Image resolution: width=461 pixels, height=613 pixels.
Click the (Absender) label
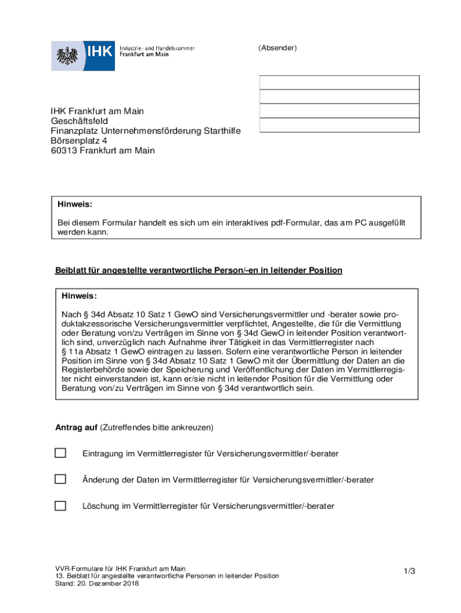click(x=277, y=48)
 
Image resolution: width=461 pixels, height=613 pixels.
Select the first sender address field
click(x=339, y=83)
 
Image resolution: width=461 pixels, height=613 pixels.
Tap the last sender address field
click(x=339, y=125)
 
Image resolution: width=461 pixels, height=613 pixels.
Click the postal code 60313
click(x=63, y=150)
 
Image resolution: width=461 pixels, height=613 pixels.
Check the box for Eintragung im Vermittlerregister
click(x=60, y=453)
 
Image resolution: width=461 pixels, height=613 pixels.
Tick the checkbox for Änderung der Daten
click(x=60, y=479)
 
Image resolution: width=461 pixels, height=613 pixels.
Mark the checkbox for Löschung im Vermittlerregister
click(x=60, y=506)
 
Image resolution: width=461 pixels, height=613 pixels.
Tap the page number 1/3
click(x=409, y=572)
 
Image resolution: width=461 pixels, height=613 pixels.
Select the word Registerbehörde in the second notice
click(x=92, y=370)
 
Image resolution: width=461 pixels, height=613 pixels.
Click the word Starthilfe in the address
click(x=222, y=131)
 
